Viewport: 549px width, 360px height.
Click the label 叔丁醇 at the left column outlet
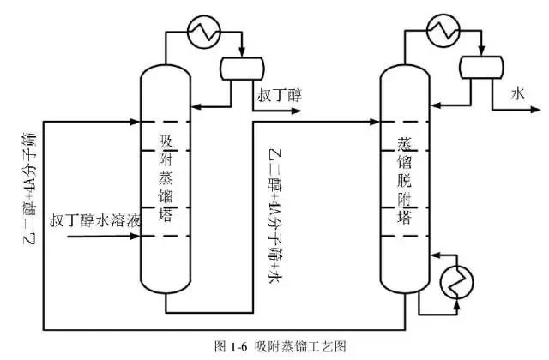279,95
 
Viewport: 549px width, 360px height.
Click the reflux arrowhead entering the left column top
193,106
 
